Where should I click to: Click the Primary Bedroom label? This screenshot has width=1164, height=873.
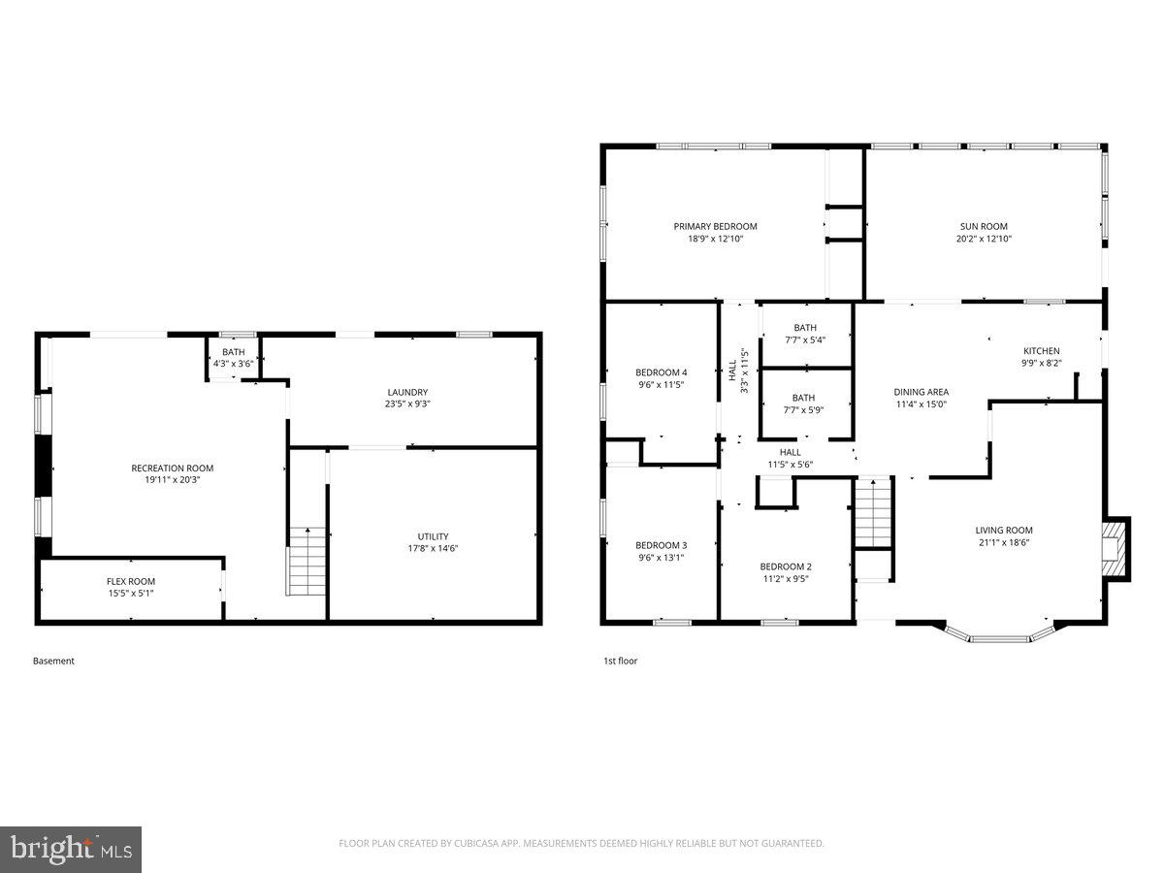[715, 226]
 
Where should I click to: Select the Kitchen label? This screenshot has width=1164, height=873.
[1042, 351]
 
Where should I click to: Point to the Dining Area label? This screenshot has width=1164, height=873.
[921, 392]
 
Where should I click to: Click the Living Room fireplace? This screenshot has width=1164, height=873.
[1118, 548]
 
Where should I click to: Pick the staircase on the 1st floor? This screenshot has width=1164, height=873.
[871, 513]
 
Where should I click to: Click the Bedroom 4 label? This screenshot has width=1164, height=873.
[661, 372]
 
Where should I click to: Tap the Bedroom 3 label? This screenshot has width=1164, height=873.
[661, 545]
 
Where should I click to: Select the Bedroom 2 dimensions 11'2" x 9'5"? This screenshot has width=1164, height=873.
[785, 579]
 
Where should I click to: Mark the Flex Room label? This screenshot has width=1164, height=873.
[130, 582]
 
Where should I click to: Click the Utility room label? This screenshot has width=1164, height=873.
[433, 536]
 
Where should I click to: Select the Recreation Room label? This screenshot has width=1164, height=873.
[172, 468]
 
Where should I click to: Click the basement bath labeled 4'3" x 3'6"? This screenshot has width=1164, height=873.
[233, 358]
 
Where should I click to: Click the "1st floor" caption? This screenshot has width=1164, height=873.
[620, 661]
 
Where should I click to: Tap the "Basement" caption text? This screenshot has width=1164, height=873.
[53, 661]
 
